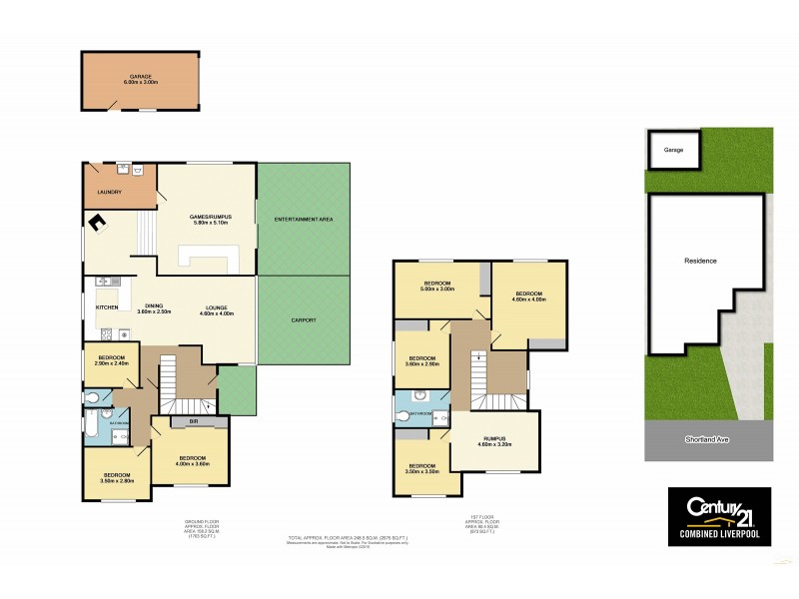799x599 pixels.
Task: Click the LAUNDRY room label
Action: (x=109, y=193)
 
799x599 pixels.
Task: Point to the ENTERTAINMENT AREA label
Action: (x=304, y=219)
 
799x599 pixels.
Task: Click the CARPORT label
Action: (x=304, y=319)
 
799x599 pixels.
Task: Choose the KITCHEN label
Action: (x=107, y=307)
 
